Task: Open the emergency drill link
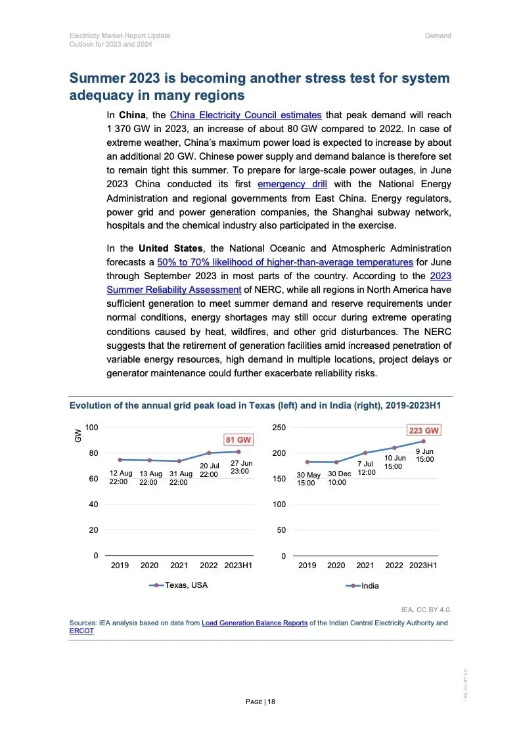(x=292, y=184)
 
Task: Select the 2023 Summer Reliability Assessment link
(x=174, y=290)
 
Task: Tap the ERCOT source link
(x=81, y=631)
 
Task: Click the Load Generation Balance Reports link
(x=254, y=623)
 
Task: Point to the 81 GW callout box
(x=238, y=439)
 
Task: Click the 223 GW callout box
(x=424, y=430)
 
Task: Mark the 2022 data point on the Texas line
(x=209, y=453)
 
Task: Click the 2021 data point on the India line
(x=365, y=453)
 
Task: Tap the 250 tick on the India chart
(x=279, y=428)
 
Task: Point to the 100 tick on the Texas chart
(x=91, y=428)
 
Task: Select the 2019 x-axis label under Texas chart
(x=120, y=566)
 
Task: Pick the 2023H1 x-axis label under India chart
(x=423, y=566)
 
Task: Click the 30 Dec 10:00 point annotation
(x=340, y=478)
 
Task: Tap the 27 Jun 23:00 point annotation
(x=241, y=467)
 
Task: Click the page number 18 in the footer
(x=271, y=702)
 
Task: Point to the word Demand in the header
(x=438, y=35)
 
